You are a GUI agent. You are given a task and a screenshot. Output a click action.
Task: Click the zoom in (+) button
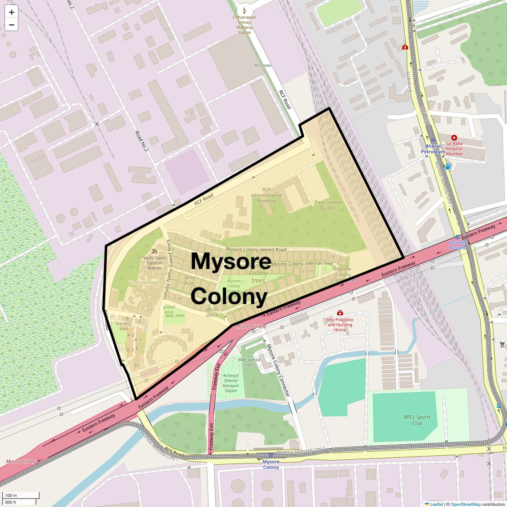tap(12, 12)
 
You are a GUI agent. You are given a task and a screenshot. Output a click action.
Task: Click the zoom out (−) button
tap(12, 25)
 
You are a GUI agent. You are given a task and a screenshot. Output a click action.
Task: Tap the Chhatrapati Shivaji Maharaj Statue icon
tap(244, 10)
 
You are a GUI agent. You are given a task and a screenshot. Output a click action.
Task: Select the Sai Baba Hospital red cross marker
tap(454, 138)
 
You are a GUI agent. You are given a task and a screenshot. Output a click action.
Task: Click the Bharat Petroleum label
tap(433, 149)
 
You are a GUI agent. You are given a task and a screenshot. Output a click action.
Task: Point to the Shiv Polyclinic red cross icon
tap(340, 313)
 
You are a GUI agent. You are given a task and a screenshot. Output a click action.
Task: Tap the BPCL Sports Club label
tap(417, 420)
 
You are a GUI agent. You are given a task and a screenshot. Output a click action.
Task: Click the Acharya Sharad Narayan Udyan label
tap(231, 383)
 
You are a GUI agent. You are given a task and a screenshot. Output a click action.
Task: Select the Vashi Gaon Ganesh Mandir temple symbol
tap(154, 251)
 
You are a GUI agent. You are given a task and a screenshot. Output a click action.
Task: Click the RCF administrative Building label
tap(266, 195)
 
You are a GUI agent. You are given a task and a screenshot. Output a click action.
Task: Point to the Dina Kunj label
tap(189, 280)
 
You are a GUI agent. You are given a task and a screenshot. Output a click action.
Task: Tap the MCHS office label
tap(212, 312)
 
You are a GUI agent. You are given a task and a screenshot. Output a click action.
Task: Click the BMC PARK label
tap(175, 316)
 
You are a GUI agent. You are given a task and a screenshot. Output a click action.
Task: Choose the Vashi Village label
tap(144, 282)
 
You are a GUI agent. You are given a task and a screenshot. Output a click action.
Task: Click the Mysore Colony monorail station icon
tap(271, 456)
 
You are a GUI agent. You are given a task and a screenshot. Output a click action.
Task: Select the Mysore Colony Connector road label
tap(278, 370)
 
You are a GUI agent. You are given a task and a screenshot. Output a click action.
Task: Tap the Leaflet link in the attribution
tap(436, 504)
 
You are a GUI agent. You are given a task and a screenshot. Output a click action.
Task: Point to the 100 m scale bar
tap(21, 495)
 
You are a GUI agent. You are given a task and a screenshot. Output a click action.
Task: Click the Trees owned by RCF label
tap(328, 205)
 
